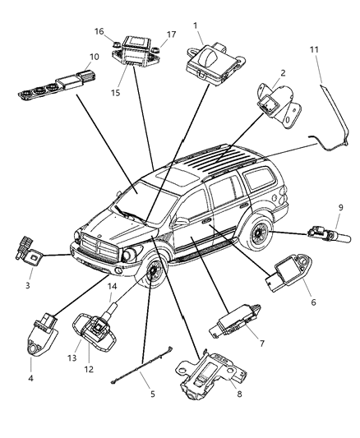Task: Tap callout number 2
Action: [x=282, y=73]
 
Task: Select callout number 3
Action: [x=27, y=285]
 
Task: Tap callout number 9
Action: [x=339, y=206]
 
